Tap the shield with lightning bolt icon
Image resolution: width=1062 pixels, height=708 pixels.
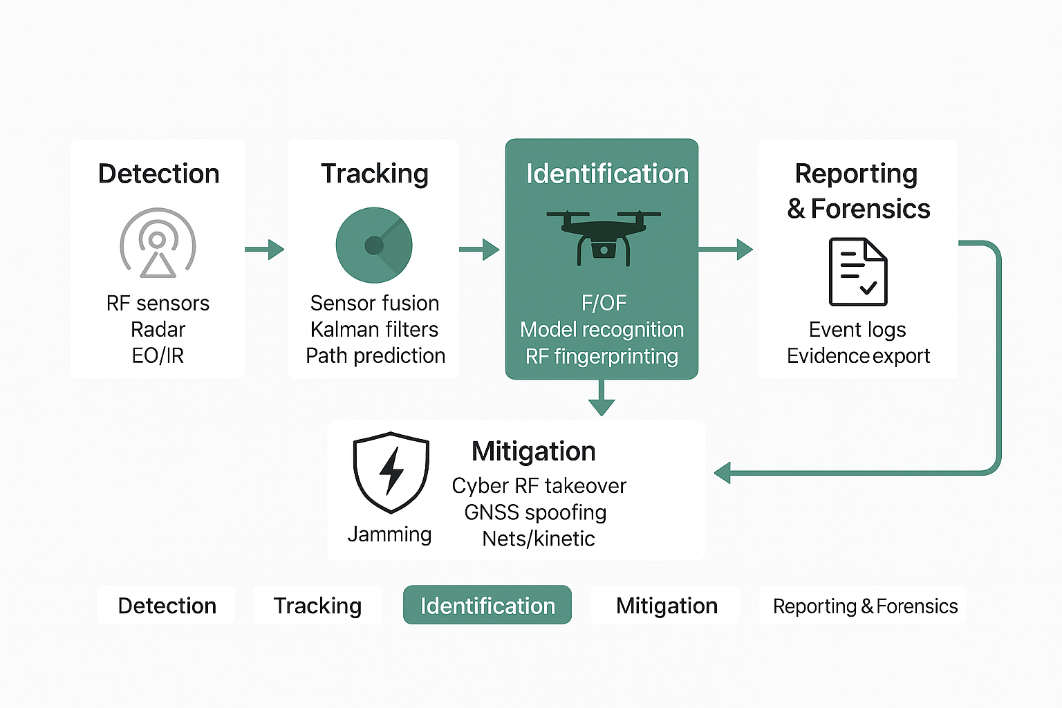[391, 472]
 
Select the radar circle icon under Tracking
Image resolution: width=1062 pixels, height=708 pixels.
[374, 245]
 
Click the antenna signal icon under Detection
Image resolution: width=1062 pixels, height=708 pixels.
[158, 243]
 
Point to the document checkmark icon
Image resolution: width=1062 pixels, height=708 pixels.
[858, 272]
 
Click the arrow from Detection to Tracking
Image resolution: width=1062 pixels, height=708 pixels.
[265, 250]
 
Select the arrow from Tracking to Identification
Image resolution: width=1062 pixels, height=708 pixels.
[480, 250]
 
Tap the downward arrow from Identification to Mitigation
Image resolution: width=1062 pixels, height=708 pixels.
[602, 400]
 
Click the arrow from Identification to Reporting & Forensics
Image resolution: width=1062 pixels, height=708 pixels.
[726, 250]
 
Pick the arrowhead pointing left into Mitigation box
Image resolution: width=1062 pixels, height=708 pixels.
[723, 474]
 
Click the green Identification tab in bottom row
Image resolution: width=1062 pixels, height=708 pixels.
[487, 606]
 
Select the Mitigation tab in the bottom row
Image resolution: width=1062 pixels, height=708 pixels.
[667, 606]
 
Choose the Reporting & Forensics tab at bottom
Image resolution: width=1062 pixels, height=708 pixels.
[864, 606]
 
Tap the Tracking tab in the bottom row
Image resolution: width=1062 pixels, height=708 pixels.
[317, 606]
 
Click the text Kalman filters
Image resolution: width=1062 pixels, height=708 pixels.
[374, 329]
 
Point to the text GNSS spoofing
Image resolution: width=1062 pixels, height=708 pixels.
[535, 512]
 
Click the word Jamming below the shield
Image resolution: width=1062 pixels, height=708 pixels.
[389, 534]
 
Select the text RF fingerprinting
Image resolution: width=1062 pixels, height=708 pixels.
[602, 356]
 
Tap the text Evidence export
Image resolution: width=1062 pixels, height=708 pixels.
[858, 356]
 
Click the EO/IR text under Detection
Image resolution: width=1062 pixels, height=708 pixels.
[158, 356]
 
